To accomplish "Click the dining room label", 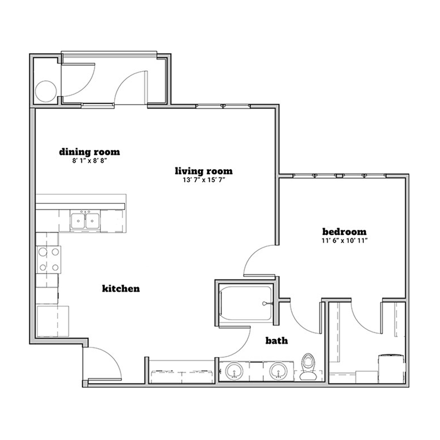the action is (x=89, y=152).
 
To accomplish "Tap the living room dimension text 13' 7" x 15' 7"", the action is (x=204, y=180).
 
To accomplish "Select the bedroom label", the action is (x=344, y=232).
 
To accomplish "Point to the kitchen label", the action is (x=121, y=288).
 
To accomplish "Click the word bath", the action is (x=277, y=340).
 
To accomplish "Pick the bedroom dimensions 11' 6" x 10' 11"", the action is (x=345, y=241).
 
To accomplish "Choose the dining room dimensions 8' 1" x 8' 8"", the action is (x=89, y=161).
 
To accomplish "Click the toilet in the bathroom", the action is (x=308, y=367).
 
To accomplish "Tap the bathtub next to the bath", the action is (x=246, y=303).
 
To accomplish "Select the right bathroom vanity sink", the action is (x=278, y=371).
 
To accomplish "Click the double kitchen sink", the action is (x=85, y=220).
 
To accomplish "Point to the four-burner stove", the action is (x=48, y=260).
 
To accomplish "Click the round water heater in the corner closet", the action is (x=46, y=91).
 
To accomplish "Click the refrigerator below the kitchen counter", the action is (x=52, y=321).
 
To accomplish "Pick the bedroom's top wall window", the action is (x=339, y=176).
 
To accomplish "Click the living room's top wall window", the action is (x=223, y=106).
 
